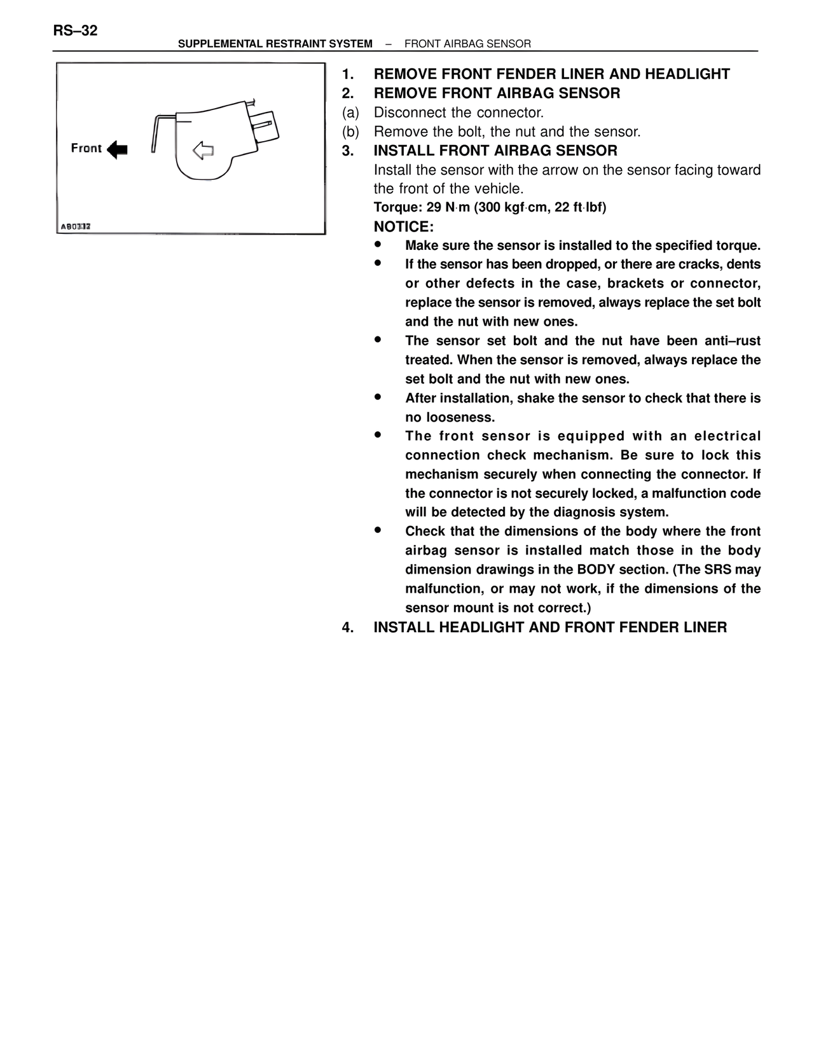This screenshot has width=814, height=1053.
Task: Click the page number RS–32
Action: tap(75, 31)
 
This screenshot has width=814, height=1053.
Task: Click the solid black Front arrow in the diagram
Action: tap(118, 150)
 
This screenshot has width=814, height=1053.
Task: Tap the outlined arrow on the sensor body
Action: tap(203, 151)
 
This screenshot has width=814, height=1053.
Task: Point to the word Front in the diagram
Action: tap(86, 149)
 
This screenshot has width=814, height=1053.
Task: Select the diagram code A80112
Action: tap(76, 226)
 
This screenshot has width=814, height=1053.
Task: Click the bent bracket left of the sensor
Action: tap(158, 130)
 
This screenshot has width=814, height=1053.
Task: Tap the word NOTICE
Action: tap(403, 227)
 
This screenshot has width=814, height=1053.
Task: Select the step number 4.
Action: tap(347, 628)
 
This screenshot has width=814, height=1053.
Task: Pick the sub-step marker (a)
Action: tap(350, 113)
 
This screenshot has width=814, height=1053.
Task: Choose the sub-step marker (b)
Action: tap(350, 132)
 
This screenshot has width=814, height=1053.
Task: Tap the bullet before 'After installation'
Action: tap(377, 396)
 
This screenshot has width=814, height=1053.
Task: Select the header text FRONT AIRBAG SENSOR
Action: tap(467, 44)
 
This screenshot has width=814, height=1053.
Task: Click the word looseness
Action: tap(450, 418)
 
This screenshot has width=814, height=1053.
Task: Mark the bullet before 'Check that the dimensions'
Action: tap(377, 529)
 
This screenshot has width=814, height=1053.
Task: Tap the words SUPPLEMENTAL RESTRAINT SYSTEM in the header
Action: tap(275, 44)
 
